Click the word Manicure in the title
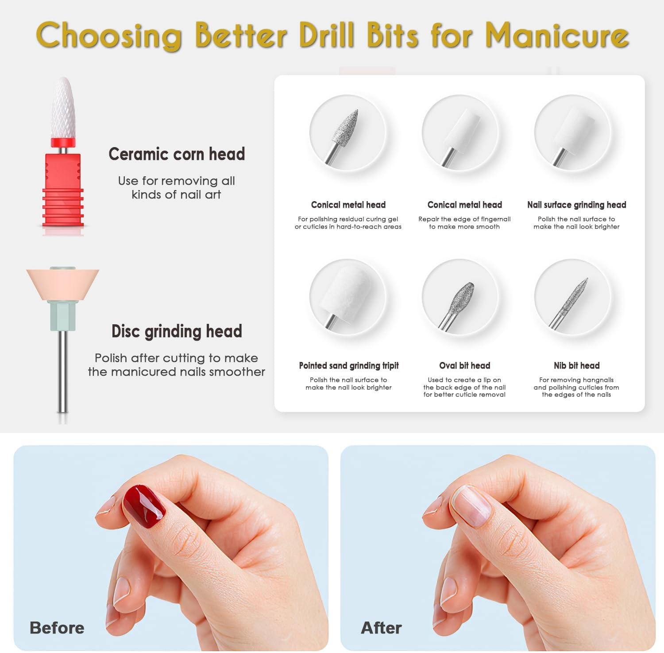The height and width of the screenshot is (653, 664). (x=557, y=35)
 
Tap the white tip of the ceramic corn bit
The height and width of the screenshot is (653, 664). (x=63, y=106)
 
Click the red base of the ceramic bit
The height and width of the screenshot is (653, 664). (x=63, y=190)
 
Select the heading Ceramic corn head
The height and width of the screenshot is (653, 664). (x=177, y=154)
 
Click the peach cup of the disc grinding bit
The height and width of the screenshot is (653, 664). (x=62, y=284)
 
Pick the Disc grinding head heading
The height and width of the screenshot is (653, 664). (x=177, y=331)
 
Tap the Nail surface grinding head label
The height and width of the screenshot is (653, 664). (x=576, y=205)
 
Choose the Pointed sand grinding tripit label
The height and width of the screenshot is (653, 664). (x=349, y=365)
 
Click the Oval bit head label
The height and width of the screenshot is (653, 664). (x=464, y=365)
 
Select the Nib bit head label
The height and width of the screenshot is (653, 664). (x=576, y=365)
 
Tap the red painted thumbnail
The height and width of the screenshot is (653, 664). (x=144, y=506)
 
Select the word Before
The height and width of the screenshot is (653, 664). (x=57, y=628)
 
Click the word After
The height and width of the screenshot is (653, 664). (x=381, y=628)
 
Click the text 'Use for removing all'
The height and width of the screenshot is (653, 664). (x=176, y=181)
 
